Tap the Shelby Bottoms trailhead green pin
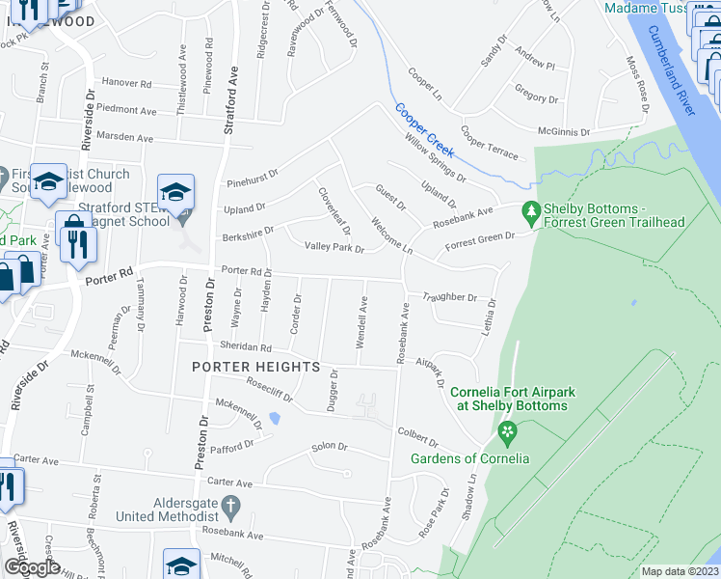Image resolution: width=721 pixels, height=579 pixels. (x=529, y=209)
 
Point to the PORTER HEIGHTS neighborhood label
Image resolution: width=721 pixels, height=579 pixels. (x=255, y=368)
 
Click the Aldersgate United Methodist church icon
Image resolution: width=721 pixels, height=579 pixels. (x=230, y=506)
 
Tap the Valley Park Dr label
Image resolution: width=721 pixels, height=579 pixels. (x=334, y=248)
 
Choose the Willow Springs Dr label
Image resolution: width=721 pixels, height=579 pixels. (x=435, y=158)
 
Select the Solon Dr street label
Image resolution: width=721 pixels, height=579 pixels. (x=328, y=448)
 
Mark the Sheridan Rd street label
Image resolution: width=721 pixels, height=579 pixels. (x=244, y=346)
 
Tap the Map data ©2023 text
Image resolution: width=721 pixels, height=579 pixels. (x=680, y=571)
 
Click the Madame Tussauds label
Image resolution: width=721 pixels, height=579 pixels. (x=644, y=9)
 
